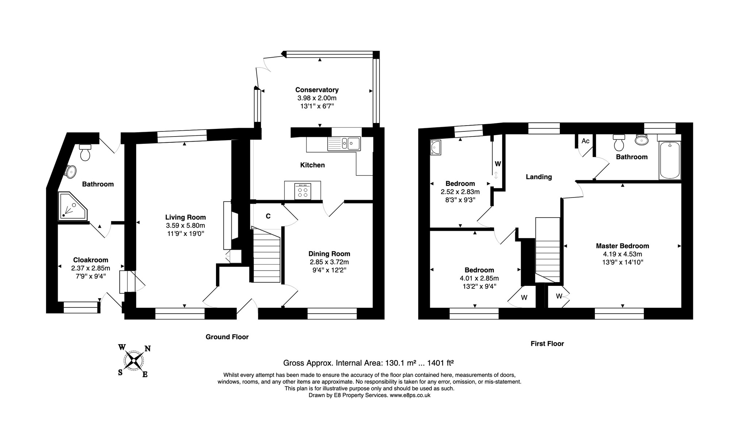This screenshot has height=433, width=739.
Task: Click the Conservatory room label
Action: (317, 90)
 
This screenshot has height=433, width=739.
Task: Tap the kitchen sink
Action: (344, 143)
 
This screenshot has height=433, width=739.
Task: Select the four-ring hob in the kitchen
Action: (303, 191)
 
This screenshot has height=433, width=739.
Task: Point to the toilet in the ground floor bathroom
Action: (85, 152)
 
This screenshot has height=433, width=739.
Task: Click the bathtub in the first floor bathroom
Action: (670, 160)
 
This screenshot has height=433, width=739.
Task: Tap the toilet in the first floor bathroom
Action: (619, 143)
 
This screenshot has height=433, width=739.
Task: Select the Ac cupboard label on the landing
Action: (585, 141)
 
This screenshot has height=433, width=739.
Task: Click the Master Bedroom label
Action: (623, 246)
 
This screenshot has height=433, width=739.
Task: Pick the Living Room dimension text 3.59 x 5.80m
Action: (185, 226)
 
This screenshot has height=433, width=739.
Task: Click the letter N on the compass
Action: (147, 349)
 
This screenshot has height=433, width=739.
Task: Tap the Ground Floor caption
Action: (227, 337)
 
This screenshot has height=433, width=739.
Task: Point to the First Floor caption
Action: (547, 344)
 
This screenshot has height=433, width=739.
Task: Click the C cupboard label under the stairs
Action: (268, 216)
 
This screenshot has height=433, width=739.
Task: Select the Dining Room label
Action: (329, 254)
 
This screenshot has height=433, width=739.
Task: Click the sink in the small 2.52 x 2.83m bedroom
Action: (435, 147)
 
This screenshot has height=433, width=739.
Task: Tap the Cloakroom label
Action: (91, 260)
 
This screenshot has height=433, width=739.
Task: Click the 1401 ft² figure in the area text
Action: (440, 363)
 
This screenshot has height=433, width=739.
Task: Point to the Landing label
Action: (539, 177)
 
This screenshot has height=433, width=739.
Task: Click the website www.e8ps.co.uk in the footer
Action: (410, 395)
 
